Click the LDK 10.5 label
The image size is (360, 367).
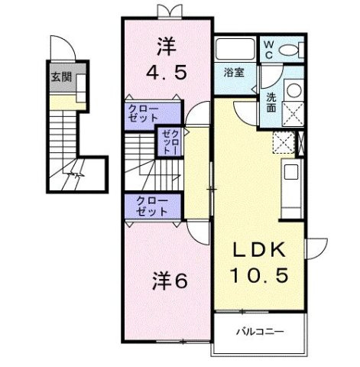(x=259, y=263)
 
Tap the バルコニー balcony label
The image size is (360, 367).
(x=258, y=331)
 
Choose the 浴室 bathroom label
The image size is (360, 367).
(x=233, y=73)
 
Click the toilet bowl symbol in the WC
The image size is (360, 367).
(x=290, y=50)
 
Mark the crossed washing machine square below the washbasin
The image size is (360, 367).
(x=292, y=113)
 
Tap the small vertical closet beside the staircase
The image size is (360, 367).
(x=167, y=142)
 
